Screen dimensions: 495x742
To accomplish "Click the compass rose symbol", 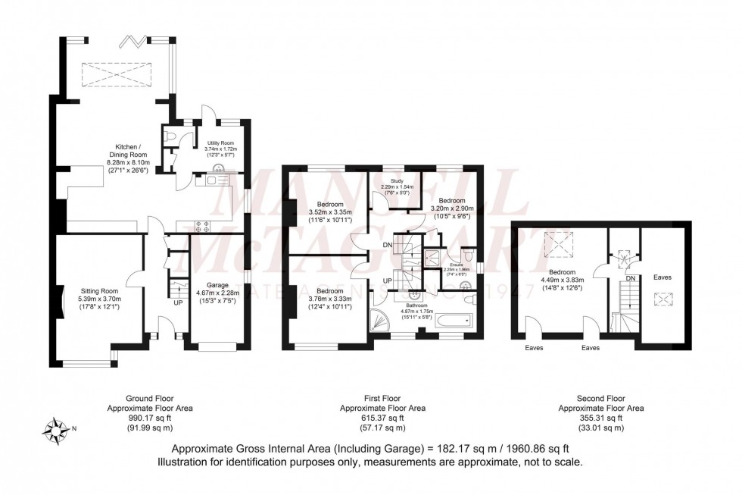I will (x=55, y=430).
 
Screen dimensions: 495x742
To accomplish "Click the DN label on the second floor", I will (x=631, y=279).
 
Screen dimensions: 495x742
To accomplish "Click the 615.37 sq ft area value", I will (x=382, y=418).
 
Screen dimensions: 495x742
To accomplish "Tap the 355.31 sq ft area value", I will (x=600, y=418).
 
